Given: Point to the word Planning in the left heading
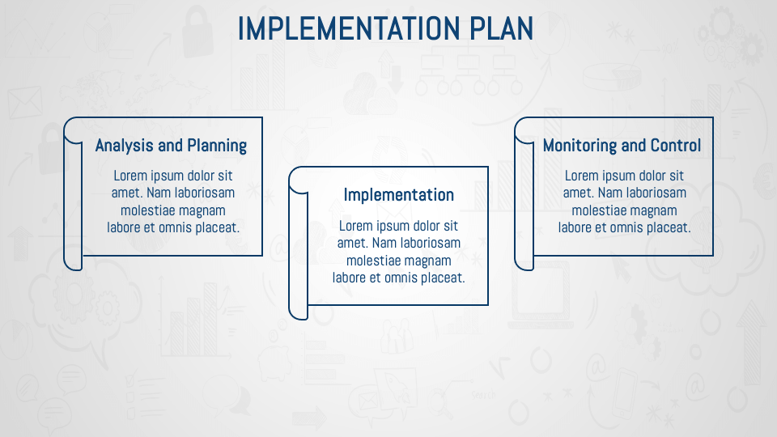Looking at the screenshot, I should [x=216, y=146].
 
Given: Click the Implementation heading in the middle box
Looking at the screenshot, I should [x=398, y=195].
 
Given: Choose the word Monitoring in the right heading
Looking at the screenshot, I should [x=580, y=146].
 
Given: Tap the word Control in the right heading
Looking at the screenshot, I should [x=675, y=146].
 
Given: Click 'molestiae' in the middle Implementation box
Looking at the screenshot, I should [x=373, y=261].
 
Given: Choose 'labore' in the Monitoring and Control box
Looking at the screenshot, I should [x=576, y=227].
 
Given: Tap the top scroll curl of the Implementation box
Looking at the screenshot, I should [x=299, y=179].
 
